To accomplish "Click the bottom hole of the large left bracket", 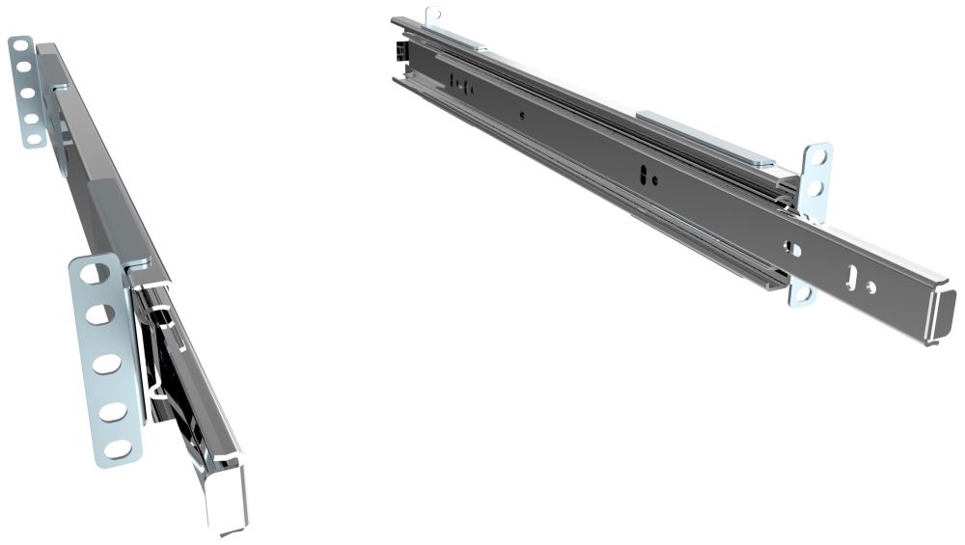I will click(118, 449).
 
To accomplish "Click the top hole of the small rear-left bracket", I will click(20, 46).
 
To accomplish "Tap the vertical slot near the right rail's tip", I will click(850, 277).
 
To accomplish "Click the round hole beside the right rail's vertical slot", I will click(870, 287).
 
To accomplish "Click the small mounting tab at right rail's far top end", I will click(433, 15).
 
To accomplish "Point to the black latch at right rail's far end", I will click(397, 49).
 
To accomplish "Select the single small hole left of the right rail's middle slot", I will click(522, 116).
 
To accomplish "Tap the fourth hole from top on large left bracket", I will click(113, 410).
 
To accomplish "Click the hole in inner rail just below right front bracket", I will click(793, 249).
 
